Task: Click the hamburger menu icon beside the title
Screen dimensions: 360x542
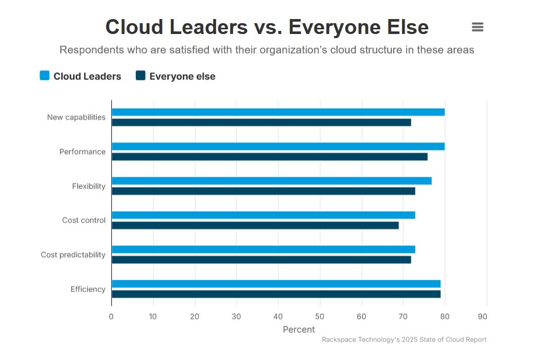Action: tap(477, 27)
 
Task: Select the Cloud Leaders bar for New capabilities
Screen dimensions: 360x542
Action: tap(278, 112)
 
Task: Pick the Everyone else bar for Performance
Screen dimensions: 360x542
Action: tap(269, 157)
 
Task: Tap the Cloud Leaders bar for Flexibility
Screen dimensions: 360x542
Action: tap(271, 181)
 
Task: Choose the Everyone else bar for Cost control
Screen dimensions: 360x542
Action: tap(255, 225)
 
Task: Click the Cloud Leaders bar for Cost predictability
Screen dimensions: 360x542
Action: tap(263, 249)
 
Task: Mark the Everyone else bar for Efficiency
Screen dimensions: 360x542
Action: tap(276, 294)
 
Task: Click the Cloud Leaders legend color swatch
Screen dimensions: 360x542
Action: tap(45, 76)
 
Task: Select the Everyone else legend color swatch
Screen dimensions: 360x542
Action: tap(141, 76)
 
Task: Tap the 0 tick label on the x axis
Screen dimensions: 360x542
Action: tap(111, 316)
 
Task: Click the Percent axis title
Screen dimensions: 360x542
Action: tap(299, 329)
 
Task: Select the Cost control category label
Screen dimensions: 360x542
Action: tap(84, 220)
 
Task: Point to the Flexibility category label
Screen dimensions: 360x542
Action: tap(89, 186)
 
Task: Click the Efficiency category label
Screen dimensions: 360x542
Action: tap(88, 289)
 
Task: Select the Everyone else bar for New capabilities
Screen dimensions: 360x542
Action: tap(261, 123)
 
